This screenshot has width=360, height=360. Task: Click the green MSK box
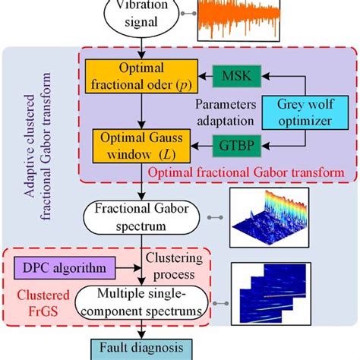[237, 76]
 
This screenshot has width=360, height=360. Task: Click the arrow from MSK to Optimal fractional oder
[200, 76]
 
